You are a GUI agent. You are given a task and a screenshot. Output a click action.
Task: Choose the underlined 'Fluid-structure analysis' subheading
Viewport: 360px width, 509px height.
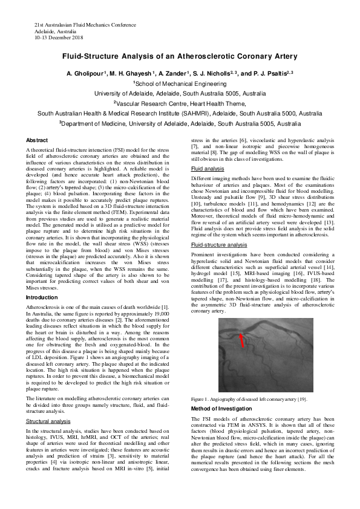tap(219, 245)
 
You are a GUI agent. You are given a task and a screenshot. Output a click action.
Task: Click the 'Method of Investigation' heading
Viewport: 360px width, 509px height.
tap(224, 409)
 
